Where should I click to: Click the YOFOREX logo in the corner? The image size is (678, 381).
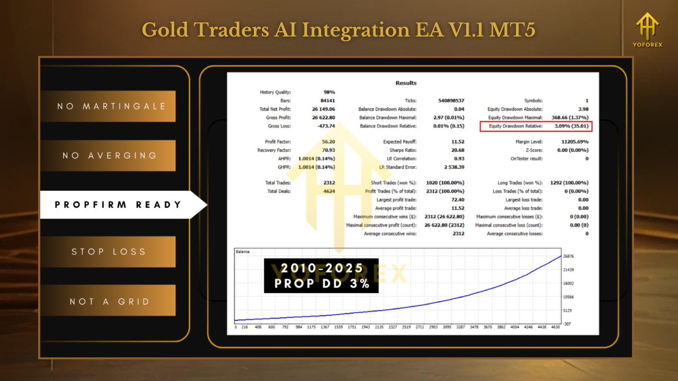tap(647, 30)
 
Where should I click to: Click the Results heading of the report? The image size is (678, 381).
tap(406, 83)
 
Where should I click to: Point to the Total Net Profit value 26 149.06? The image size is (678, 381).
tap(324, 109)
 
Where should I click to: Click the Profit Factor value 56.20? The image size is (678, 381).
tap(328, 142)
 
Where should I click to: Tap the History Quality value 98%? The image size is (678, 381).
tap(329, 92)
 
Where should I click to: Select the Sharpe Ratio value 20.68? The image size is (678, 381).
tap(458, 150)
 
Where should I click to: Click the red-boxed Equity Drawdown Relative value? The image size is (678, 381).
tap(572, 126)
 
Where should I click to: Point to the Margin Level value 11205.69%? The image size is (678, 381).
tap(575, 142)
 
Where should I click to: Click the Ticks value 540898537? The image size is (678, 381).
tap(451, 101)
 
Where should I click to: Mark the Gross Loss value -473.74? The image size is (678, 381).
tap(326, 126)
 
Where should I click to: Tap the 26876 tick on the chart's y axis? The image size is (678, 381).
tap(568, 257)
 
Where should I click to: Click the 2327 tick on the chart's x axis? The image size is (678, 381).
tap(392, 327)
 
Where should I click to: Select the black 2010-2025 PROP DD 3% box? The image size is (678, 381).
tap(321, 276)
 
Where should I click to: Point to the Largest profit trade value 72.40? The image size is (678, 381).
tap(458, 200)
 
